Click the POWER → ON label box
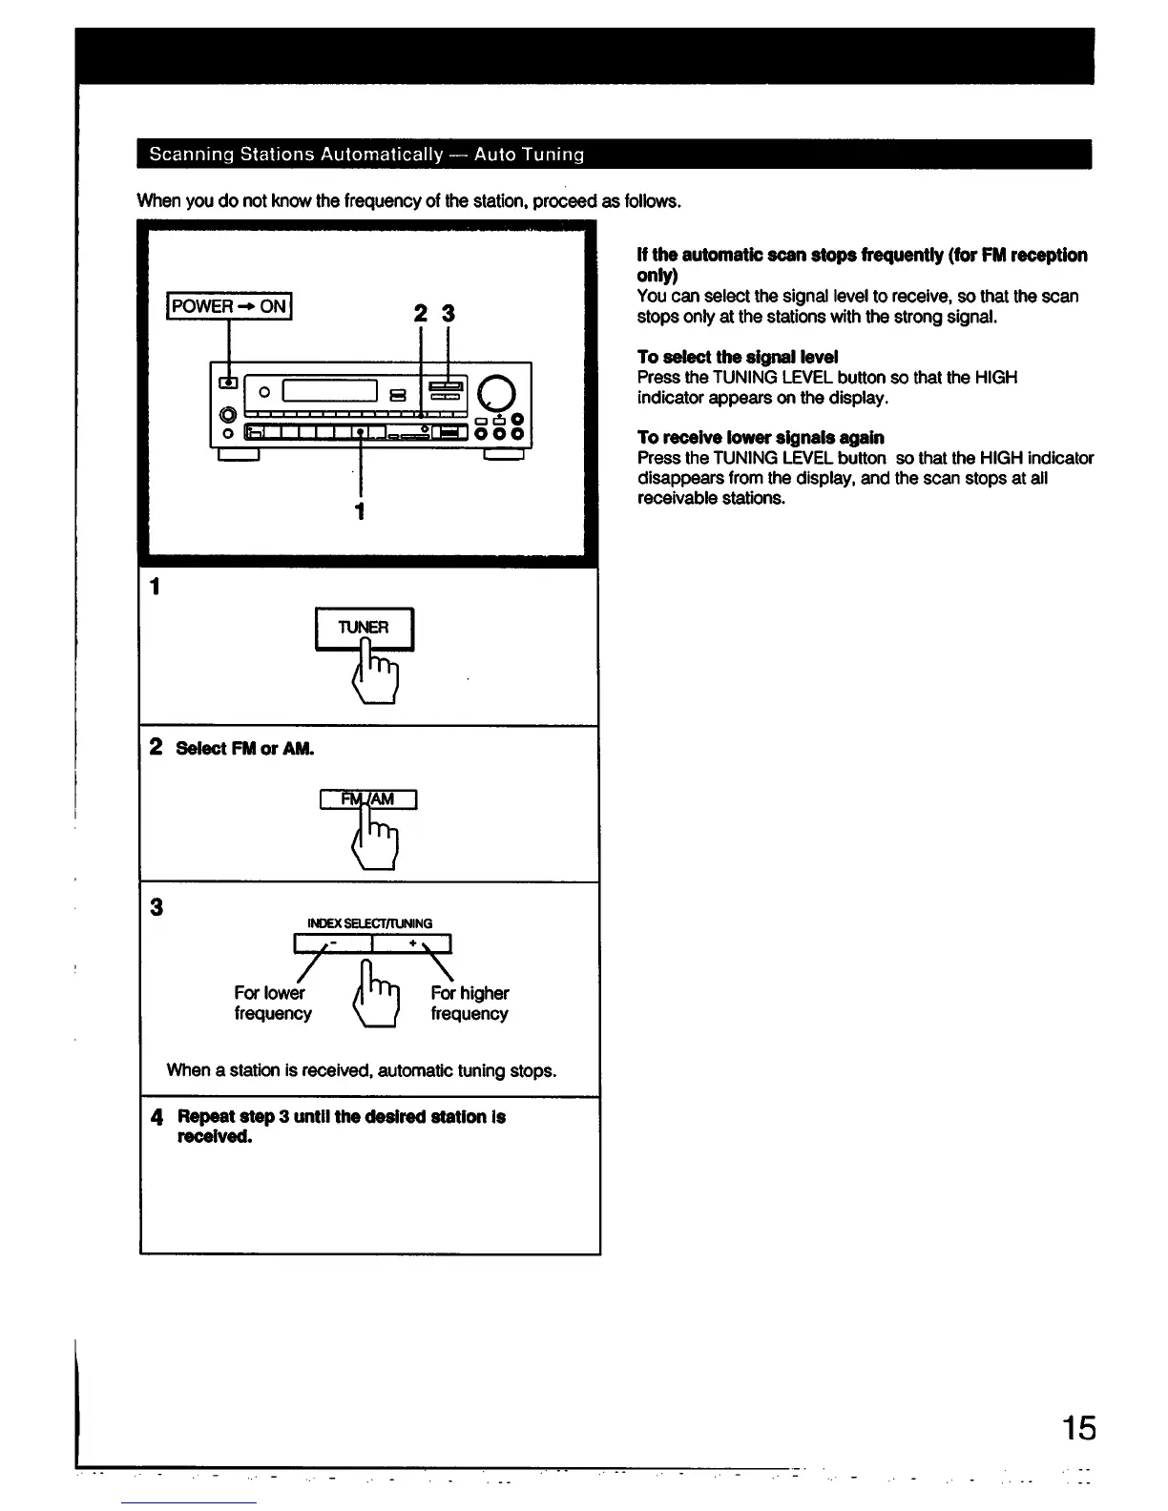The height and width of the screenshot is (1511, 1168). click(229, 306)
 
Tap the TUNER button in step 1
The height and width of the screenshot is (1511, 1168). click(364, 628)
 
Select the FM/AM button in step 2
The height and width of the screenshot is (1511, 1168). click(368, 799)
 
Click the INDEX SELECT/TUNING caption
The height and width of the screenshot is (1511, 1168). click(369, 923)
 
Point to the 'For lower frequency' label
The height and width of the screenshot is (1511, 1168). click(272, 1004)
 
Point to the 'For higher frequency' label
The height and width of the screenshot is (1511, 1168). click(469, 1004)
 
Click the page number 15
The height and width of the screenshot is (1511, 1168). click(1079, 1428)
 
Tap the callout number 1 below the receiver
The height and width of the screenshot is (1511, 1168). click(360, 511)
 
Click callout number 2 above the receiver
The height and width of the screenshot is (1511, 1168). click(421, 313)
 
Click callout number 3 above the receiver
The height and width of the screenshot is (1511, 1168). click(448, 313)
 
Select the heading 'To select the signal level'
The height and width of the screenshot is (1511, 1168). click(738, 357)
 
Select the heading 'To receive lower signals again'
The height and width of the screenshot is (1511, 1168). click(761, 437)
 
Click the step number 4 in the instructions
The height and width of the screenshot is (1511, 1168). click(157, 1117)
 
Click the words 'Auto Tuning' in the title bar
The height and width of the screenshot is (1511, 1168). click(529, 155)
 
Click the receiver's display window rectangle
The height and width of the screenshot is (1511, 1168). click(330, 390)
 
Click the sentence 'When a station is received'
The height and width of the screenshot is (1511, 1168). click(361, 1070)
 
